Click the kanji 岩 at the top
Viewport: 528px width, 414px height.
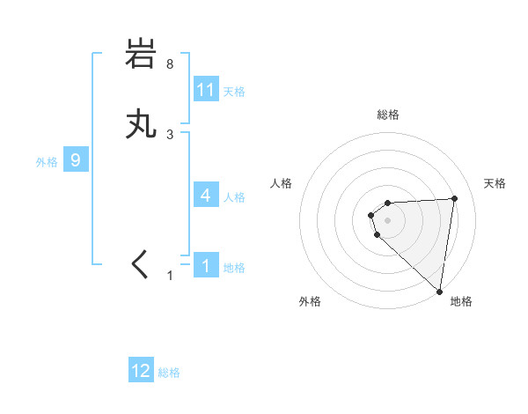(x=141, y=55)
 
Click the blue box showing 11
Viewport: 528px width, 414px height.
(x=206, y=90)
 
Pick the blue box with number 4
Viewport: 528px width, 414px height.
(x=206, y=196)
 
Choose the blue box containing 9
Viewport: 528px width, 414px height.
(x=76, y=160)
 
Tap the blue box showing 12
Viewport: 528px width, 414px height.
(x=141, y=371)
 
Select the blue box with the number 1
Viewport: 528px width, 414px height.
(x=206, y=265)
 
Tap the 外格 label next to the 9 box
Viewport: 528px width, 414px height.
(x=46, y=162)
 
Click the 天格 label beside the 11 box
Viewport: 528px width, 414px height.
(x=234, y=92)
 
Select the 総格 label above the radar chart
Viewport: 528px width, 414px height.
(x=388, y=115)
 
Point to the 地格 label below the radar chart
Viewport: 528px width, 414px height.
(x=461, y=301)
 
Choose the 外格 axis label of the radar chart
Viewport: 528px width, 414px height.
(x=310, y=301)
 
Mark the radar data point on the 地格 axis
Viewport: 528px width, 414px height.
(x=440, y=292)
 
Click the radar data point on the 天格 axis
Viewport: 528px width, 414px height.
(x=454, y=198)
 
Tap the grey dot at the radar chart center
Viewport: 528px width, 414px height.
(x=388, y=219)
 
